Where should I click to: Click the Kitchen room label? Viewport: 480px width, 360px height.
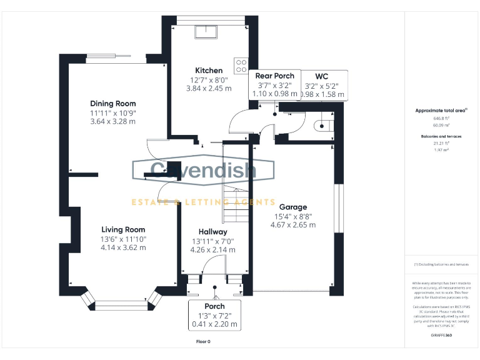pyautogui.click(x=209, y=71)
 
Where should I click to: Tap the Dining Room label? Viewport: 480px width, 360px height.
pyautogui.click(x=112, y=104)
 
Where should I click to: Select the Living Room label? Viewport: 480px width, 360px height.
pyautogui.click(x=123, y=229)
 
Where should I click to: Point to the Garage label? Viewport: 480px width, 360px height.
pyautogui.click(x=293, y=207)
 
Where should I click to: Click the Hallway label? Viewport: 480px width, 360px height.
pyautogui.click(x=212, y=232)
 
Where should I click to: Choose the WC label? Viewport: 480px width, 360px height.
pyautogui.click(x=322, y=76)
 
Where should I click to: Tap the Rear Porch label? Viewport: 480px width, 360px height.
pyautogui.click(x=274, y=76)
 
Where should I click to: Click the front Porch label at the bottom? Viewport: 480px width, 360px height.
pyautogui.click(x=214, y=306)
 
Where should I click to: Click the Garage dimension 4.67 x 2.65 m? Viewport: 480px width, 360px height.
pyautogui.click(x=294, y=225)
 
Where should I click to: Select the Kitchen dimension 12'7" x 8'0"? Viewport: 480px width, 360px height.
pyautogui.click(x=209, y=80)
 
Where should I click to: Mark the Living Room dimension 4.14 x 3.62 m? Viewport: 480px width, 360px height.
pyautogui.click(x=123, y=247)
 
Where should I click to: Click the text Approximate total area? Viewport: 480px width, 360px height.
pyautogui.click(x=441, y=111)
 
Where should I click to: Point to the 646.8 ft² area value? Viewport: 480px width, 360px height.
pyautogui.click(x=441, y=118)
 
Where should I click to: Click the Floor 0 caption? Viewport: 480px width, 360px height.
pyautogui.click(x=204, y=342)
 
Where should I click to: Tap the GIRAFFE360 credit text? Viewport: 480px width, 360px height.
pyautogui.click(x=441, y=336)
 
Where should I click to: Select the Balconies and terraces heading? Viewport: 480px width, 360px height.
pyautogui.click(x=441, y=136)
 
